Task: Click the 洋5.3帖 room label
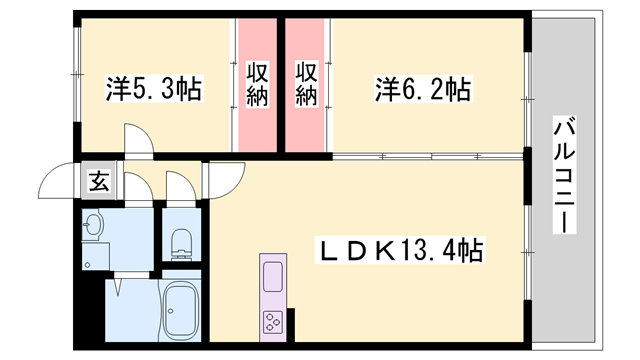point(155,91)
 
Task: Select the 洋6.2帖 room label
point(422,91)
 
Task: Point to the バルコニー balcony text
point(563,175)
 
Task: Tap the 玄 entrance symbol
point(99,181)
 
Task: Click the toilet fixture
point(181,241)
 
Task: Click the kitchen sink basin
point(273,272)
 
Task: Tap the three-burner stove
point(273,322)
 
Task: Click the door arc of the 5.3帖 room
point(137,140)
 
